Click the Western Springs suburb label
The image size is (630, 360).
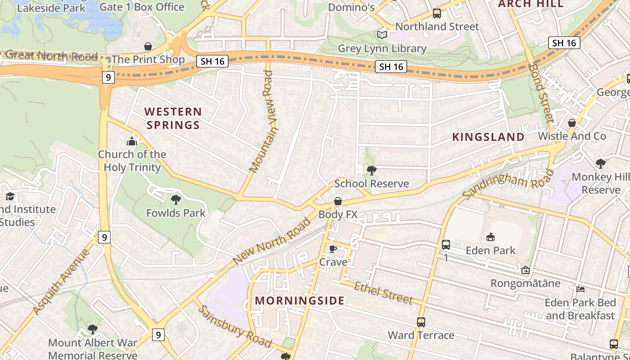pyautogui.click(x=173, y=118)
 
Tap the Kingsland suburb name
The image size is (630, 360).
pyautogui.click(x=488, y=137)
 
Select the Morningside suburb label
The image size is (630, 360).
pyautogui.click(x=300, y=301)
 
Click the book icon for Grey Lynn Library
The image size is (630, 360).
pyautogui.click(x=382, y=35)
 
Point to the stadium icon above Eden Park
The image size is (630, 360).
pyautogui.click(x=490, y=237)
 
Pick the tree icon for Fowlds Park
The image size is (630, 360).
pyautogui.click(x=176, y=199)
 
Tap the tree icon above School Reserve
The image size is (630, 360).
pyautogui.click(x=372, y=170)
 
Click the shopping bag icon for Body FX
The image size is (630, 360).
pyautogui.click(x=338, y=201)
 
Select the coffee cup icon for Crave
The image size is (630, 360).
pyautogui.click(x=333, y=249)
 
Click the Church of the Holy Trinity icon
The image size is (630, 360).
pyautogui.click(x=132, y=141)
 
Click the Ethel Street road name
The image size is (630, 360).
pyautogui.click(x=383, y=292)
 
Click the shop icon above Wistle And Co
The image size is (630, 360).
pyautogui.click(x=572, y=123)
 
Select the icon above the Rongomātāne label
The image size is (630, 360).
pyautogui.click(x=525, y=270)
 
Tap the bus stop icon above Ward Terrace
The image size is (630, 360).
pyautogui.click(x=421, y=322)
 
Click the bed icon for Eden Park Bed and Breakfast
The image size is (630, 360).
pyautogui.click(x=580, y=289)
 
